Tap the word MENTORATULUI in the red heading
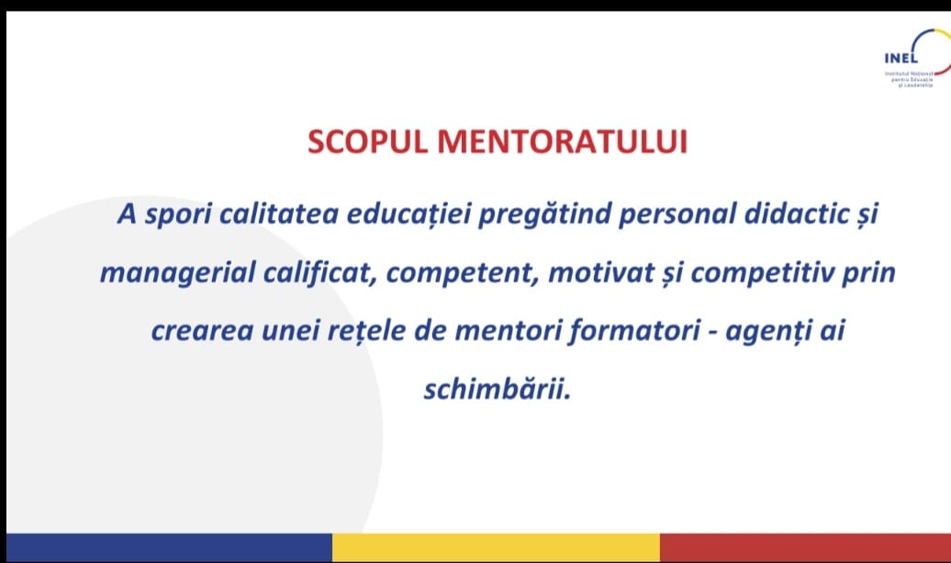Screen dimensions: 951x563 point(562,142)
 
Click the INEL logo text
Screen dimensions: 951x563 point(901,58)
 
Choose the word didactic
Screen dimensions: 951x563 point(797,214)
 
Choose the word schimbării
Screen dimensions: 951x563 point(497,389)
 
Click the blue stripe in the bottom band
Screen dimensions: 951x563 point(169,547)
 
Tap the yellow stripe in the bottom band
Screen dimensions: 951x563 point(496,547)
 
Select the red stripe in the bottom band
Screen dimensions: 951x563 point(805,547)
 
